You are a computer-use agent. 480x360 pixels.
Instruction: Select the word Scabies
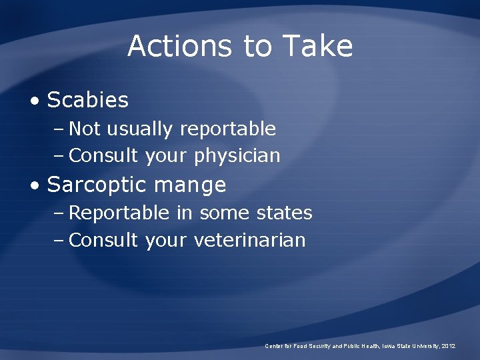87,101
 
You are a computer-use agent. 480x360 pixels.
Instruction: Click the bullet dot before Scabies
35,101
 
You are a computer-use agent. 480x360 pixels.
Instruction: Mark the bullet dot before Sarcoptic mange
35,185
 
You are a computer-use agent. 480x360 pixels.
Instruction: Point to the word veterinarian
249,241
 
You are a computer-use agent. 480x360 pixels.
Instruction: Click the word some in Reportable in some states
221,213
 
